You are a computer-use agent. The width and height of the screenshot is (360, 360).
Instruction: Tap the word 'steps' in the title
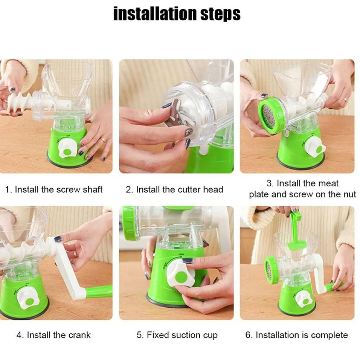click(x=220, y=14)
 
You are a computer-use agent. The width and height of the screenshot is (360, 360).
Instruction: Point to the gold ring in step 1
click(x=103, y=139)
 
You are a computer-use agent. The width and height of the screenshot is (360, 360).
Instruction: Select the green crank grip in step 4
click(x=99, y=291)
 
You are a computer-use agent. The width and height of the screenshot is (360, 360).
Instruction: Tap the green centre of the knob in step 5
click(x=182, y=277)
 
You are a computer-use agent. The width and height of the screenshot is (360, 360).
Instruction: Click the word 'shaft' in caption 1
click(x=92, y=189)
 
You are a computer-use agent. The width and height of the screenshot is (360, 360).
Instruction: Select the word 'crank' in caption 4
click(x=79, y=335)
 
